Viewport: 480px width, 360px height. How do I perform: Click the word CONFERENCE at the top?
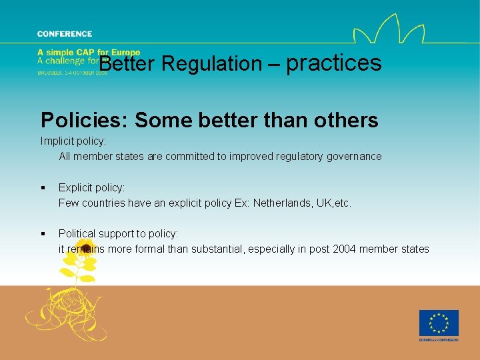point(65,34)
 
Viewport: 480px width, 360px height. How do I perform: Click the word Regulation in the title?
point(211,64)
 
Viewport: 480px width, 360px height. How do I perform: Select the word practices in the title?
point(334,63)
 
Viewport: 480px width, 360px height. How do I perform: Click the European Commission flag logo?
point(439,323)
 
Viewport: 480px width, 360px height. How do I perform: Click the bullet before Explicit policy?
point(43,189)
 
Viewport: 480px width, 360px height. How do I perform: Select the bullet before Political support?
point(43,234)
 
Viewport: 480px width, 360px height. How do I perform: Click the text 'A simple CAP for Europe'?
point(89,53)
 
